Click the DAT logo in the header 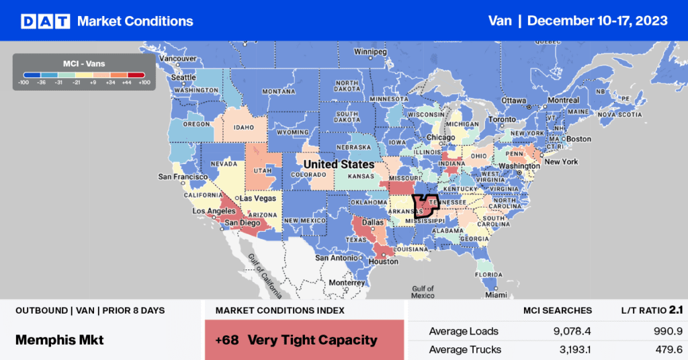[x=46, y=21]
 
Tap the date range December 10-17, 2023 [x=597, y=21]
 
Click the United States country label [x=339, y=165]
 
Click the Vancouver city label [x=177, y=58]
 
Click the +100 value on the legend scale [x=144, y=83]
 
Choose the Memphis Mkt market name [x=60, y=340]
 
